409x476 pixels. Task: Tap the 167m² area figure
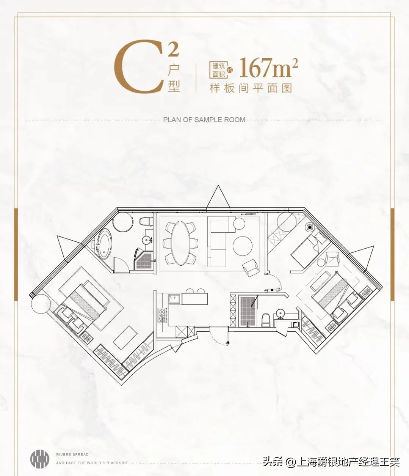[269, 68]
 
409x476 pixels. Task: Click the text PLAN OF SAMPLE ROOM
[204, 120]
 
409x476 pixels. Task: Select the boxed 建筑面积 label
[219, 70]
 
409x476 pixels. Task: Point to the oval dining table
[181, 243]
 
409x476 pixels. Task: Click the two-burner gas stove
[162, 315]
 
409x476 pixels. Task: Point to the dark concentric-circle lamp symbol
[310, 227]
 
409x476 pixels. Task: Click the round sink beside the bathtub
[147, 240]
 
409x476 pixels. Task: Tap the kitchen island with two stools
[194, 298]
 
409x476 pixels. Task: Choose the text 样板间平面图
[251, 88]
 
